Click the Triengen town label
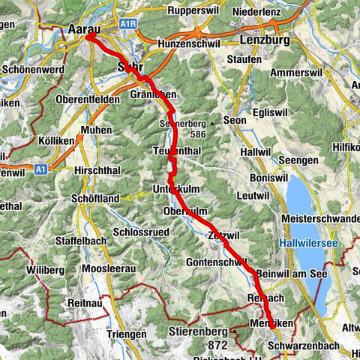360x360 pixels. (x=126, y=334)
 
